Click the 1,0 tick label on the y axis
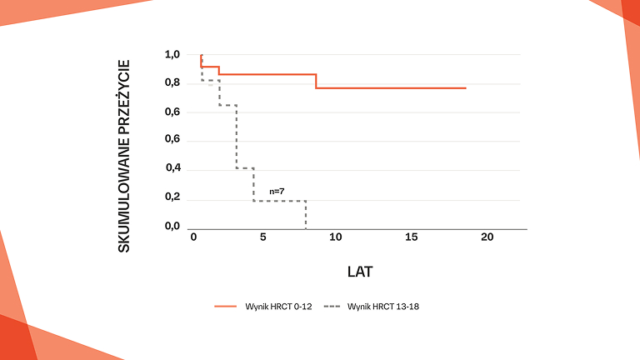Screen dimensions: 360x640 172,55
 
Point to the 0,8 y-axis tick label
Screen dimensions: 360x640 172,83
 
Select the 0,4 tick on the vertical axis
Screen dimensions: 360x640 172,169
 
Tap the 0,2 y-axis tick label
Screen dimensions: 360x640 172,198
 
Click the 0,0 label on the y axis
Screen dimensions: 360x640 172,227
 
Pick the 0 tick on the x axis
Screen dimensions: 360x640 193,237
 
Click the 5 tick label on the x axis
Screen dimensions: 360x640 262,237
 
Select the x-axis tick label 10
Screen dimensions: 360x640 335,237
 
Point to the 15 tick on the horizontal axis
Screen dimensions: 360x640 411,237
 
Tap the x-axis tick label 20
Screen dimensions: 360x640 487,237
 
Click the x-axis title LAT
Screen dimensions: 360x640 359,272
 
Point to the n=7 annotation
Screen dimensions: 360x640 277,192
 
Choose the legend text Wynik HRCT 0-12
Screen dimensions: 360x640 277,307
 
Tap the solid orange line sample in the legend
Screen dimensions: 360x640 226,307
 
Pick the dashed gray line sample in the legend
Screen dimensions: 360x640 332,307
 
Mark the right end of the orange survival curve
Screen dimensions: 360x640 466,87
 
